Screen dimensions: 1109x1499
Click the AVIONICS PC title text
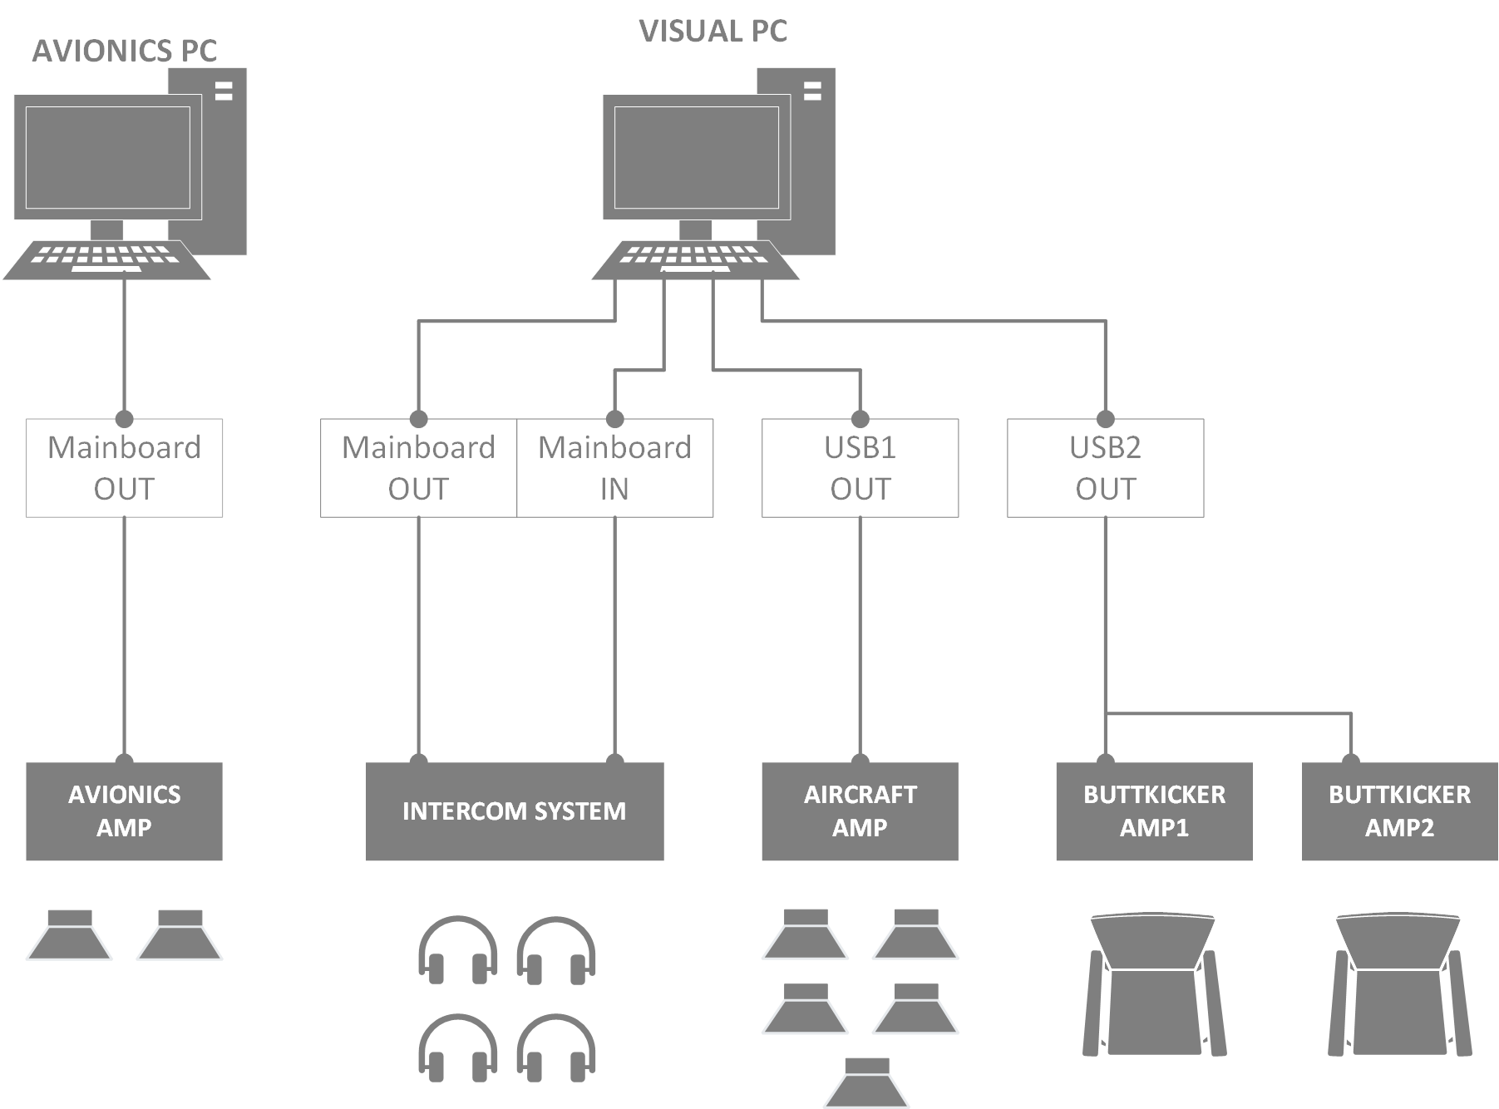coord(125,52)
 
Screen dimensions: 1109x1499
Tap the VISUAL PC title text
coord(713,32)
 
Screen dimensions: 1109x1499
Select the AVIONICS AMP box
coord(124,811)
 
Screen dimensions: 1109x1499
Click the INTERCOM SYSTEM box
coord(515,811)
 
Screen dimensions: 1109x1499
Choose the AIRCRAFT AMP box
coord(860,811)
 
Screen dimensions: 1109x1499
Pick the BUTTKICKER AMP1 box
coord(1154,811)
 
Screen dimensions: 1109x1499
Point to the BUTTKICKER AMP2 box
coord(1399,811)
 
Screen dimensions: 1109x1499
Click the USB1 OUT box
coord(860,468)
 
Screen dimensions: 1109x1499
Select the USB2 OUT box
coord(1105,468)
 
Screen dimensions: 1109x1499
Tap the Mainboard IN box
coord(614,468)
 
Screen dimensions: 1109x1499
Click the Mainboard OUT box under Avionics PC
coord(124,468)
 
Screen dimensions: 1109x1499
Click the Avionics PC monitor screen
coord(108,158)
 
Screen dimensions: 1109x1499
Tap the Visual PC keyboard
coord(695,259)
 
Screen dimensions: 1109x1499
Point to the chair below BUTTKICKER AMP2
coord(1399,985)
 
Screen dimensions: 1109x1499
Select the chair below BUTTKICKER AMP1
coord(1154,985)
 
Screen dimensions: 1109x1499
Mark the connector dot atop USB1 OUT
coord(860,419)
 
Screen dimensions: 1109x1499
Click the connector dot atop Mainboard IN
coord(614,419)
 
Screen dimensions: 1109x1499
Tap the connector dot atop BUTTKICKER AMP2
coord(1350,760)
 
